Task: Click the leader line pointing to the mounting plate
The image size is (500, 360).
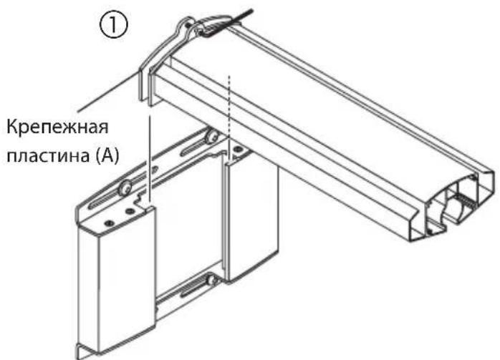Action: tap(107, 93)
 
